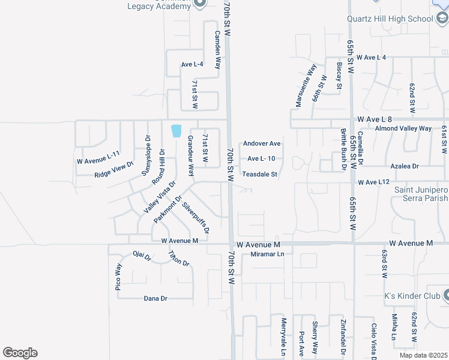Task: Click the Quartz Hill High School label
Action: coord(390,19)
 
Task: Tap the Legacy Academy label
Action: coord(157,7)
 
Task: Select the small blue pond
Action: coord(176,131)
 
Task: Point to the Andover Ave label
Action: coord(262,144)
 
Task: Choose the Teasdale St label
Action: coord(259,175)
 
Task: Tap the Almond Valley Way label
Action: coord(403,128)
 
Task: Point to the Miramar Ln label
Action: coord(268,254)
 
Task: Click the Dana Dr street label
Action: coord(155,298)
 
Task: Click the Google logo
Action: coord(20,353)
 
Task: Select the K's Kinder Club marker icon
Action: coord(447,295)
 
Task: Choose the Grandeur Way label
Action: coord(190,155)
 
